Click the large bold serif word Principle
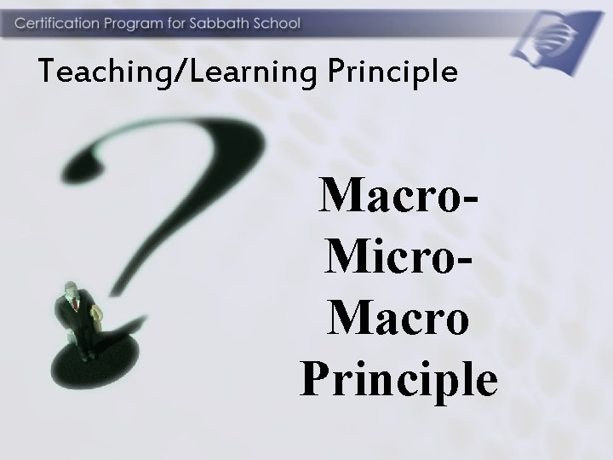(398, 380)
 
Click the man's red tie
(75, 303)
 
